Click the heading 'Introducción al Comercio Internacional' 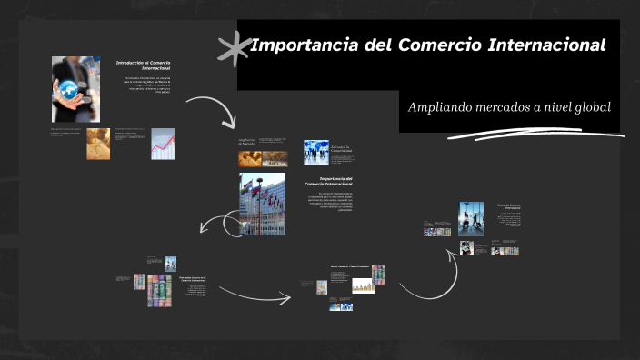[x=144, y=65]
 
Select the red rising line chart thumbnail [x=163, y=144]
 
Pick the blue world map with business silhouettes [x=316, y=151]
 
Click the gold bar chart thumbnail [x=364, y=286]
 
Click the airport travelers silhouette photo [x=471, y=217]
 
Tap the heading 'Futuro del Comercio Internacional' [x=508, y=207]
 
